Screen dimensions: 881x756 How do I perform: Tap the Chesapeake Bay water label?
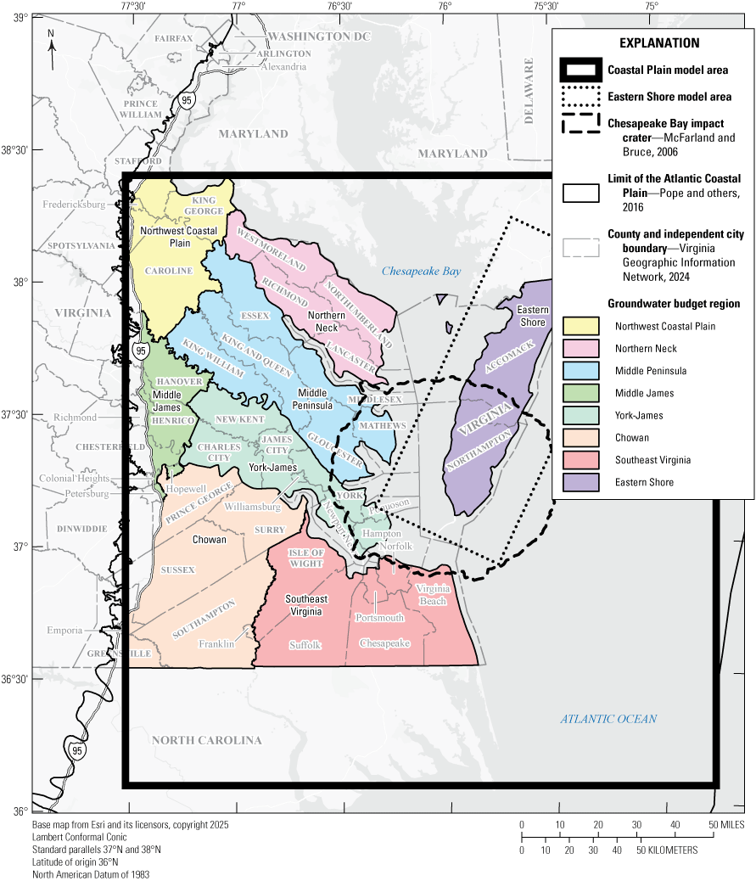pyautogui.click(x=421, y=272)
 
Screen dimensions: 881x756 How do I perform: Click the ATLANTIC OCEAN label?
pyautogui.click(x=608, y=719)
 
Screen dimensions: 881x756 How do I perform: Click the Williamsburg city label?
pyautogui.click(x=254, y=507)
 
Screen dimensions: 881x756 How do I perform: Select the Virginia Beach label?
pyautogui.click(x=433, y=595)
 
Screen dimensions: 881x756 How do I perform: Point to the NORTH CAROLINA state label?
pyautogui.click(x=206, y=740)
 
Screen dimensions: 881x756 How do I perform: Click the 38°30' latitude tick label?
pyautogui.click(x=15, y=150)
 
